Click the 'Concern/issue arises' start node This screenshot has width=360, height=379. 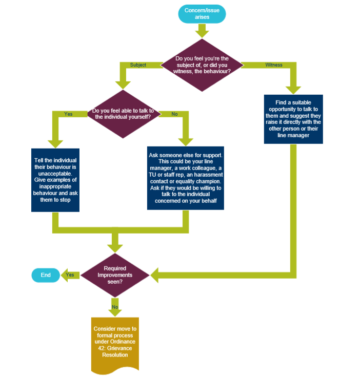click(x=202, y=14)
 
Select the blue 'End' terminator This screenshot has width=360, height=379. click(x=46, y=275)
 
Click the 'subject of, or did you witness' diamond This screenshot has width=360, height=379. click(x=202, y=65)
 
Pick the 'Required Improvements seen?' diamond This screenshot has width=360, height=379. click(x=115, y=275)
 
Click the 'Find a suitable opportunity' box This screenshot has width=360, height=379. click(x=294, y=118)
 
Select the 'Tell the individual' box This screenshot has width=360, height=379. click(x=55, y=179)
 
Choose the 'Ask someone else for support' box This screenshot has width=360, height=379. click(x=185, y=177)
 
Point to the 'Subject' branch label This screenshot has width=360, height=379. click(x=138, y=65)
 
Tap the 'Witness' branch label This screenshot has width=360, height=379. click(x=273, y=65)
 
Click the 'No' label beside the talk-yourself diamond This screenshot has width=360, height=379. click(x=174, y=114)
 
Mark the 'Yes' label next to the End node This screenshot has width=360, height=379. click(x=70, y=275)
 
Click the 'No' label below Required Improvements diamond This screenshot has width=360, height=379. click(x=115, y=307)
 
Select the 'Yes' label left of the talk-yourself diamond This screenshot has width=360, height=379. click(x=68, y=114)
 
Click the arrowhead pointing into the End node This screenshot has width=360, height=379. click(x=65, y=275)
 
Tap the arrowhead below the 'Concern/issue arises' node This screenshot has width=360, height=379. click(x=202, y=33)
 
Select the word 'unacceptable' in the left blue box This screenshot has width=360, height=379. click(x=55, y=173)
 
